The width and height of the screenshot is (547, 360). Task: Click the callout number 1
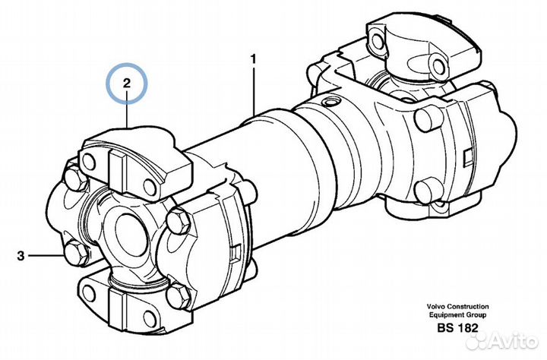(254, 59)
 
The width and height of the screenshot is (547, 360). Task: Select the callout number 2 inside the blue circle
(126, 83)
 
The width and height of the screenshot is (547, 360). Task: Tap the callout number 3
(21, 256)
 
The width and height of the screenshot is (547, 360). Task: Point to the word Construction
(468, 307)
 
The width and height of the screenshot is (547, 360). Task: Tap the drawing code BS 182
(457, 328)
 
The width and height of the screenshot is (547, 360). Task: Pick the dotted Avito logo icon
(479, 340)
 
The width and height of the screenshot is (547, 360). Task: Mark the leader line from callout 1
(254, 91)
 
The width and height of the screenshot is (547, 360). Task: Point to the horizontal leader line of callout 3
(46, 256)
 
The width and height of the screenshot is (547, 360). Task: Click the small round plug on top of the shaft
(329, 102)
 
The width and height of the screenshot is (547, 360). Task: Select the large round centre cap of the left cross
(129, 231)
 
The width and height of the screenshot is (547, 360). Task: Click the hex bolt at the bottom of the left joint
(179, 295)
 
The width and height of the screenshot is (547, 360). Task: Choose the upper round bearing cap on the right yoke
(428, 120)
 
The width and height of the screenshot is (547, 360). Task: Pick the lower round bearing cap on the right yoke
(428, 189)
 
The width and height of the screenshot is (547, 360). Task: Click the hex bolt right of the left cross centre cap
(179, 221)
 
